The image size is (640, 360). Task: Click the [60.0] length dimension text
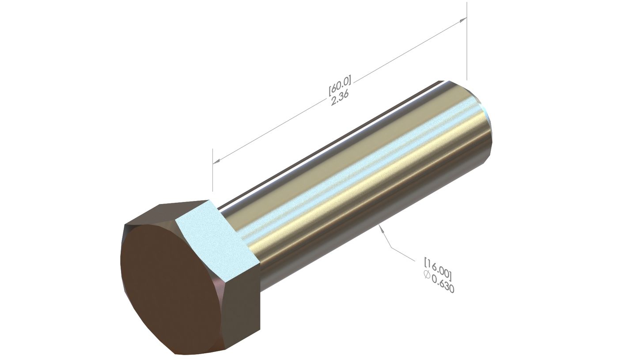click(339, 85)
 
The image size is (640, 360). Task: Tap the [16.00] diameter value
click(438, 268)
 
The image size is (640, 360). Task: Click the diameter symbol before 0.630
click(427, 275)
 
